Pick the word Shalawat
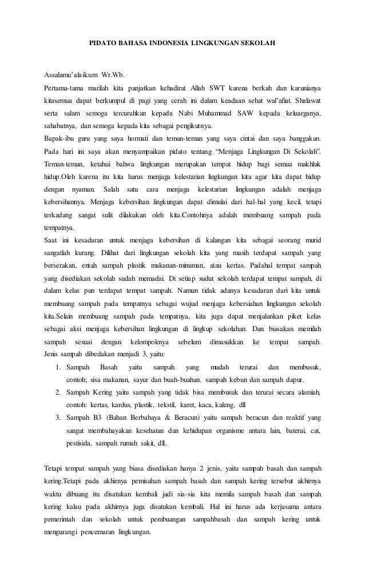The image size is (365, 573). pyautogui.click(x=304, y=101)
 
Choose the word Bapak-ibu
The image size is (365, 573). pyautogui.click(x=59, y=139)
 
